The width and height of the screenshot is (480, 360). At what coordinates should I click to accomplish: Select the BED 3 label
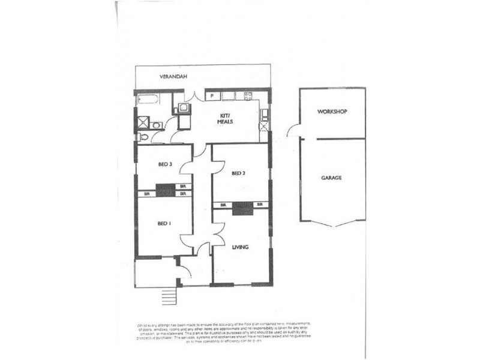[x=166, y=164]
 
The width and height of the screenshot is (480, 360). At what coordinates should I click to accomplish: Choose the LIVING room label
[x=241, y=247]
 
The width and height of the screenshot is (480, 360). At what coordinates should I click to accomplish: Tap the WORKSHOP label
[x=333, y=112]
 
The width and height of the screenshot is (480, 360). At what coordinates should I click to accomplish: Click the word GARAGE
[x=331, y=178]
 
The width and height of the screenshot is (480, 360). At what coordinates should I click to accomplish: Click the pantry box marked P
[x=212, y=96]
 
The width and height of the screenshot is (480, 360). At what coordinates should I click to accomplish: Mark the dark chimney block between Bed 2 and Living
[x=241, y=208]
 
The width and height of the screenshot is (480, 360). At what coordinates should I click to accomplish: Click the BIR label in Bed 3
[x=182, y=186]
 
